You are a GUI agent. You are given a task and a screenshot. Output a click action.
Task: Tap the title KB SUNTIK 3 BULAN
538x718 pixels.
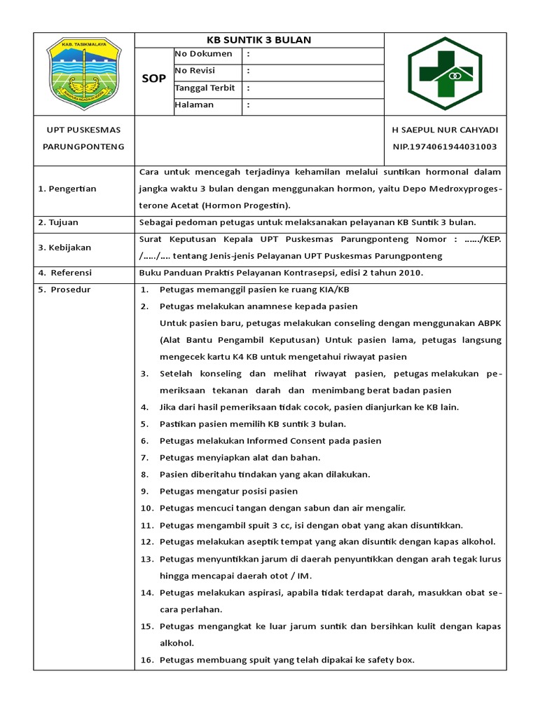(x=258, y=40)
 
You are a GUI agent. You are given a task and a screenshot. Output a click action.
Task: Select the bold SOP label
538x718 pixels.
(x=153, y=79)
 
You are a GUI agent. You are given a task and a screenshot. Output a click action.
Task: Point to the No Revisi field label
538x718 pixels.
(x=195, y=71)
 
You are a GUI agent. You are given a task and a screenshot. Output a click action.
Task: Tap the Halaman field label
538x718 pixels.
(x=194, y=104)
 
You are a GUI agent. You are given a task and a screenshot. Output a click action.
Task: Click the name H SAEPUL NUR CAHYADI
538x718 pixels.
(x=445, y=130)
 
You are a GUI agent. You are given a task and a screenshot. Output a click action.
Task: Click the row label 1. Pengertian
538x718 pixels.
(x=67, y=189)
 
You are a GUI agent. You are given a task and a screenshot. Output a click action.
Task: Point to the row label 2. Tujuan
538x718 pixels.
(x=58, y=222)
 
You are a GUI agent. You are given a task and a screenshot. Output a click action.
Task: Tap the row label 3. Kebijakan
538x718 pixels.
(x=64, y=248)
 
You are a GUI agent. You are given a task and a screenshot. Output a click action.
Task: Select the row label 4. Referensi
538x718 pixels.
(x=65, y=273)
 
